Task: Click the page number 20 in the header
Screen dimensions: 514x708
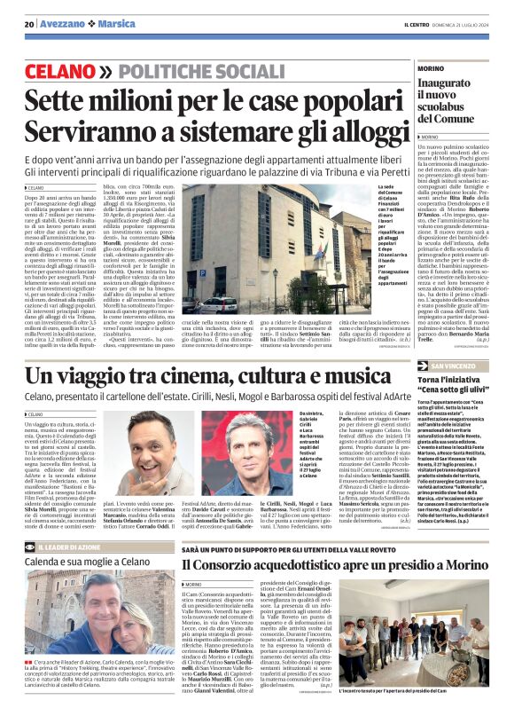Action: (28, 24)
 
